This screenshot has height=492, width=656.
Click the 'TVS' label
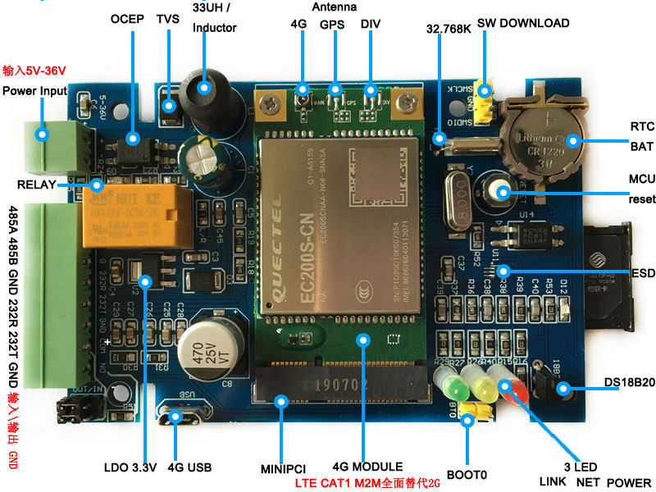click(167, 18)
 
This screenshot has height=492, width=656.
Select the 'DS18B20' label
click(629, 382)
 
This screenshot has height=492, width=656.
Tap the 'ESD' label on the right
click(642, 272)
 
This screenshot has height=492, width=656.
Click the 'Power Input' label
click(34, 90)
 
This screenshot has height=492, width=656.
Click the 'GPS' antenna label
click(331, 24)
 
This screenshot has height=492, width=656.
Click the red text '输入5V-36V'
click(34, 71)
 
